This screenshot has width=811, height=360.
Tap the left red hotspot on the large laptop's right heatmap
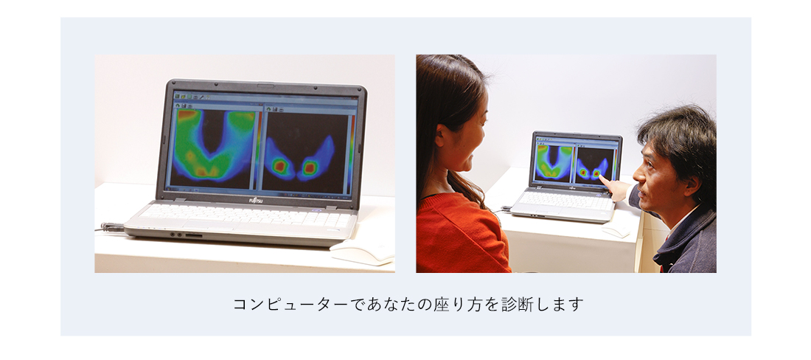[x=280, y=166]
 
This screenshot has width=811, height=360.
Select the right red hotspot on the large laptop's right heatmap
[x=310, y=167]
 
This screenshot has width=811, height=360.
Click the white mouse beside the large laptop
[x=362, y=252]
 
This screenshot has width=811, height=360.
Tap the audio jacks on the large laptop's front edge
[x=177, y=235]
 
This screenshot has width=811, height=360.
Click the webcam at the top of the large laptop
[x=265, y=85]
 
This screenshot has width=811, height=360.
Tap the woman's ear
[x=441, y=136]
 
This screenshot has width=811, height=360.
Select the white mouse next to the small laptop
[x=616, y=230]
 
